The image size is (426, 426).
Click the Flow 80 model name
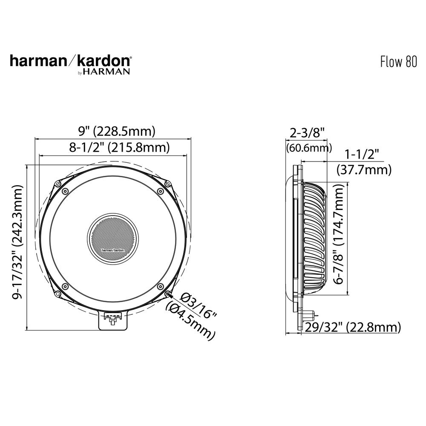tap(398, 62)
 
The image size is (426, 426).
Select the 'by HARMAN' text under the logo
tap(104, 72)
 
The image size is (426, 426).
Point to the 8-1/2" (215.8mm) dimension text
tap(113, 148)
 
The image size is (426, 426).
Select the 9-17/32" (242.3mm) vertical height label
tap(18, 242)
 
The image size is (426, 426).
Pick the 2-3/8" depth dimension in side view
tap(307, 133)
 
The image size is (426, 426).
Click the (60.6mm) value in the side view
tap(309, 148)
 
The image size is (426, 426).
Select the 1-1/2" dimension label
tap(362, 154)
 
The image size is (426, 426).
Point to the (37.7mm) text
tap(364, 170)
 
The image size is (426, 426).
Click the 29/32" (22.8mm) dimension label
tap(353, 327)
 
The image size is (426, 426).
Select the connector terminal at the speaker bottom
tap(113, 319)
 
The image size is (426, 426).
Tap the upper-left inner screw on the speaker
tap(65, 191)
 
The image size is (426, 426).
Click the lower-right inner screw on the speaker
tap(160, 285)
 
